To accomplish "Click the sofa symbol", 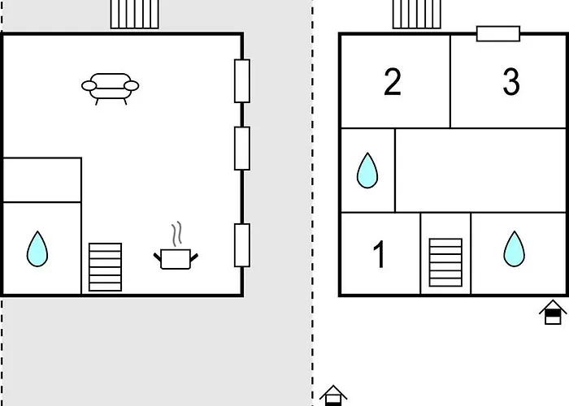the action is (110, 89).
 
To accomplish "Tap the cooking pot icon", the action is (176, 259).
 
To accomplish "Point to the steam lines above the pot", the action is (176, 234).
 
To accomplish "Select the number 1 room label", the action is (379, 255).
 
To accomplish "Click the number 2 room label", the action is (393, 82).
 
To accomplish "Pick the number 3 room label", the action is (511, 82).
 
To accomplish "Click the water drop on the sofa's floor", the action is (37, 249).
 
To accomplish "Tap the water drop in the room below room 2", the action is (367, 171).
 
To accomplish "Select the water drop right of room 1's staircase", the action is (515, 249).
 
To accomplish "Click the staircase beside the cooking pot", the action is (105, 267).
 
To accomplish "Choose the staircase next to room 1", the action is (445, 262).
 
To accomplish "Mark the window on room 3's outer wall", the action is (498, 34).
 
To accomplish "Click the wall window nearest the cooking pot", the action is (242, 245).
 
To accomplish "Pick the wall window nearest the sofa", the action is (242, 81).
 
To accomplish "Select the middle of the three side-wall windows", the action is (242, 149).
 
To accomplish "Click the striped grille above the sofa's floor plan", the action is (135, 14).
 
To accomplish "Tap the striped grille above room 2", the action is (417, 14).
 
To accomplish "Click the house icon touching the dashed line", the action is (333, 395).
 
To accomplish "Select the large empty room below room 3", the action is (480, 171).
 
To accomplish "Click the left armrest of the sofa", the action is (89, 86).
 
